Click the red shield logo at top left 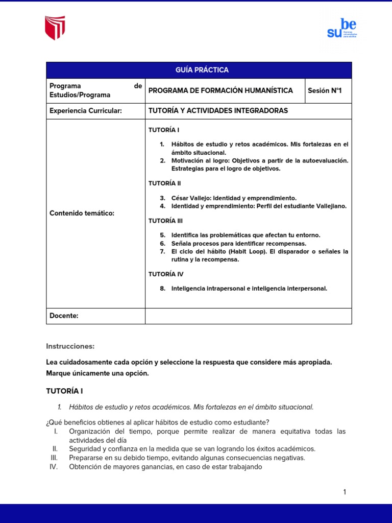pyautogui.click(x=55, y=28)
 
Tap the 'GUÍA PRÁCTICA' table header pyautogui.click(x=199, y=70)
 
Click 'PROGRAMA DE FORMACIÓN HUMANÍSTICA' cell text pyautogui.click(x=220, y=90)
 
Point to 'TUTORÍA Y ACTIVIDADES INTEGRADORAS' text pyautogui.click(x=218, y=111)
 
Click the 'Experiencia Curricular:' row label pyautogui.click(x=86, y=111)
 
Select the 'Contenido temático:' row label pyautogui.click(x=82, y=213)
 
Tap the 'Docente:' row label pyautogui.click(x=64, y=316)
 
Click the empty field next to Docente pyautogui.click(x=248, y=316)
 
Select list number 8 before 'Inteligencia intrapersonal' pyautogui.click(x=162, y=289)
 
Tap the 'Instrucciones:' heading pyautogui.click(x=70, y=346)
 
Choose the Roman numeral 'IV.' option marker pyautogui.click(x=55, y=466)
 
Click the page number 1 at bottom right pyautogui.click(x=345, y=492)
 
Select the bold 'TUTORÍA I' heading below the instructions pyautogui.click(x=64, y=391)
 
